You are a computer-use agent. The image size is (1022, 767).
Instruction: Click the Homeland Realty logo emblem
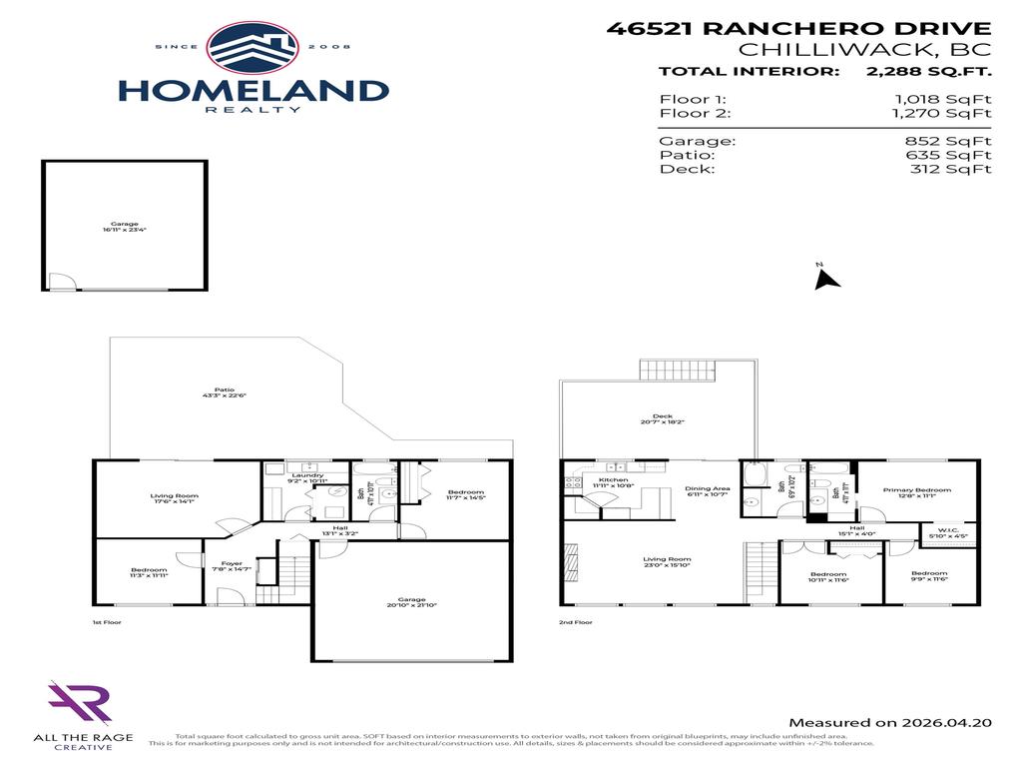[x=253, y=49]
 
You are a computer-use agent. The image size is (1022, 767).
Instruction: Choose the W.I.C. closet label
[x=948, y=531]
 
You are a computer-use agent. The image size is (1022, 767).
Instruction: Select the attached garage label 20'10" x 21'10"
[x=412, y=602]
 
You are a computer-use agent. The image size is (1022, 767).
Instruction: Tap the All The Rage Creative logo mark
[x=79, y=704]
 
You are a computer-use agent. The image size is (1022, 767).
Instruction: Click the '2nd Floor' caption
[x=576, y=621]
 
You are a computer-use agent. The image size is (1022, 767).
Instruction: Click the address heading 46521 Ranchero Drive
[x=799, y=29]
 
